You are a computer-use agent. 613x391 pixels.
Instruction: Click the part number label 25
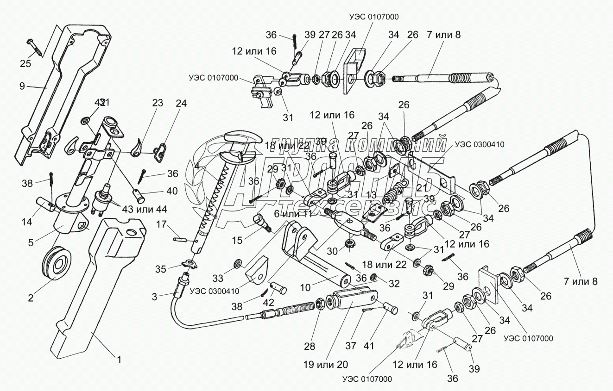[25, 64]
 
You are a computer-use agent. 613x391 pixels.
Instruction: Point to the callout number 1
[119, 359]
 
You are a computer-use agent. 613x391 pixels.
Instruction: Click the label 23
[158, 103]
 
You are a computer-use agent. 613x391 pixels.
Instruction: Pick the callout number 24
[181, 104]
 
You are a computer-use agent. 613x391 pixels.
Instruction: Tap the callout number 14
[27, 222]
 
